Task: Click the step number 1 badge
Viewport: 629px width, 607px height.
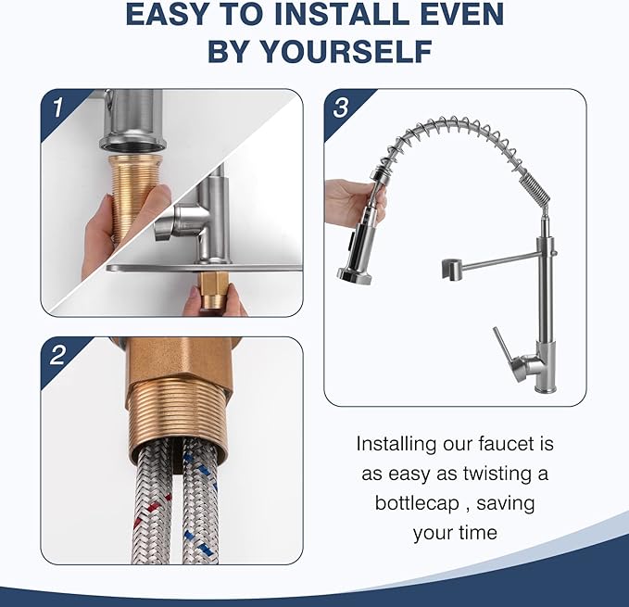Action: (x=57, y=107)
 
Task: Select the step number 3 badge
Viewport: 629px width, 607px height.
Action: (x=341, y=107)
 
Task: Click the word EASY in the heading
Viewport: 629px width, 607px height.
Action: (x=173, y=15)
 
